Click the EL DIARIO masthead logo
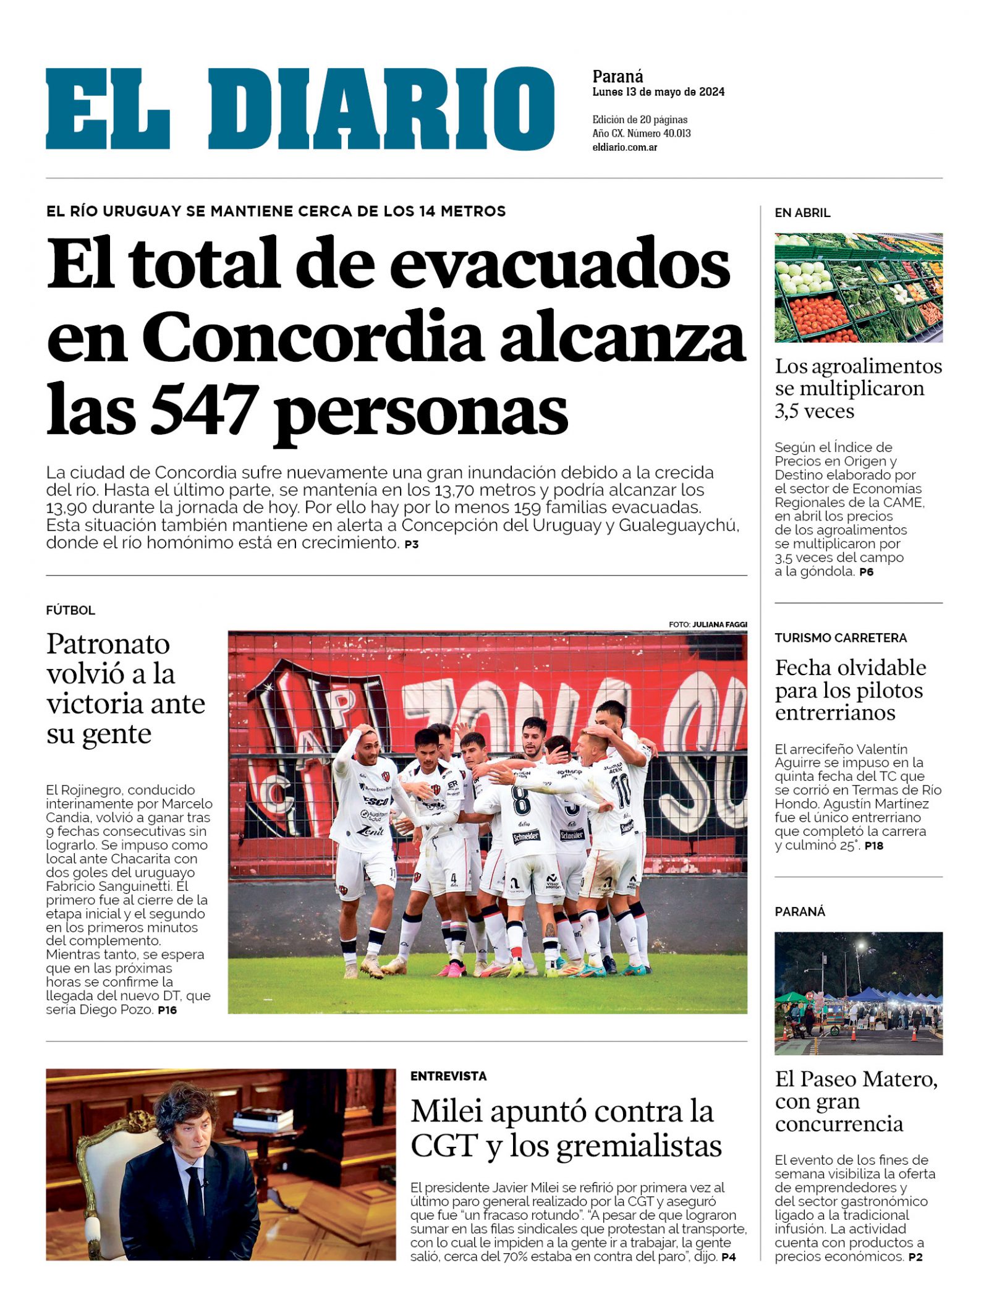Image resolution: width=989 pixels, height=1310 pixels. (x=300, y=109)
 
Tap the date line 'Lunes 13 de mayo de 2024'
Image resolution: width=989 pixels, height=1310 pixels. (x=658, y=92)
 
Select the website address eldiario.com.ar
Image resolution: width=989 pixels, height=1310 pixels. (x=624, y=148)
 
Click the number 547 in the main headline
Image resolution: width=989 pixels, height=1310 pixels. (x=203, y=409)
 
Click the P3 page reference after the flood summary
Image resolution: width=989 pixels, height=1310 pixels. (x=412, y=545)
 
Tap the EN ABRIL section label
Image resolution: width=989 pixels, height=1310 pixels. (x=802, y=213)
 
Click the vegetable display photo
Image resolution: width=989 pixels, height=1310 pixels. (x=858, y=287)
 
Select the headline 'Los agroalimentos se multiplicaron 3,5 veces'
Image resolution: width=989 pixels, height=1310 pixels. (x=858, y=388)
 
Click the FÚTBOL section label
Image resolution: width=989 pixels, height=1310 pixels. (x=70, y=610)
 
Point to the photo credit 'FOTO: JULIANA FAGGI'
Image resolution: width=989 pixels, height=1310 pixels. (x=707, y=624)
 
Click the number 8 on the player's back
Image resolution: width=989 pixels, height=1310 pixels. (x=521, y=800)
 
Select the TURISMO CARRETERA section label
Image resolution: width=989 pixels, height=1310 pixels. (x=841, y=637)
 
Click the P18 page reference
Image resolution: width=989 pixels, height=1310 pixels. (x=873, y=846)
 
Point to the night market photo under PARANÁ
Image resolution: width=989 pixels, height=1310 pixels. (x=858, y=993)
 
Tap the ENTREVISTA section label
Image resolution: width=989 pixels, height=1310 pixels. (x=448, y=1076)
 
